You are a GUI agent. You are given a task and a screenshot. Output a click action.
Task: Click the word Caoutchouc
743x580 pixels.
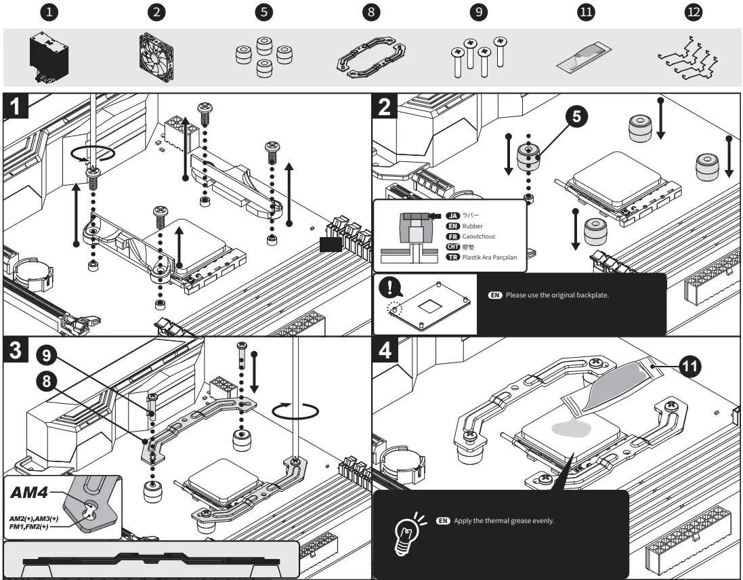(479, 236)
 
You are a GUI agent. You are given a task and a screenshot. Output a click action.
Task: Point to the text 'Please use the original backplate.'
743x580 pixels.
(558, 296)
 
